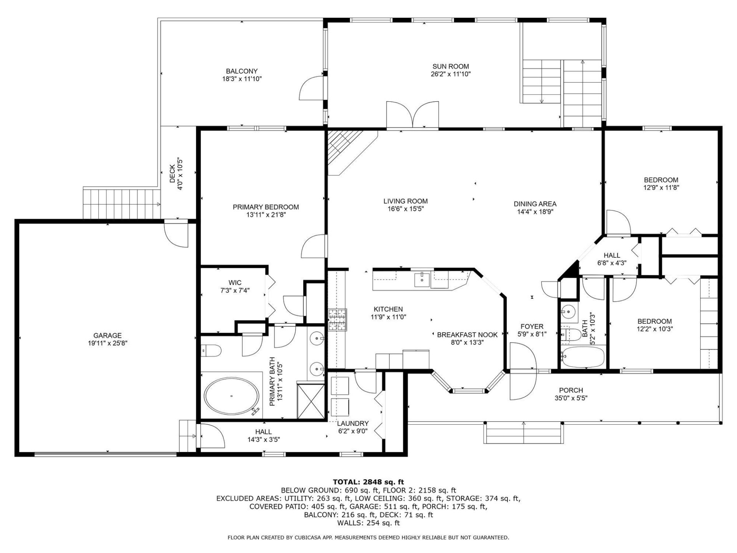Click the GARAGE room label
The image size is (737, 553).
(x=107, y=336)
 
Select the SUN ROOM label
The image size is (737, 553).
(x=451, y=66)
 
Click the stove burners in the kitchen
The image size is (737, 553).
(x=337, y=320)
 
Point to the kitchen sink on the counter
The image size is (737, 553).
(x=422, y=280)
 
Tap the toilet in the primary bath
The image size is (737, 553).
(x=212, y=350)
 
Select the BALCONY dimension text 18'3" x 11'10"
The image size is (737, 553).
(x=242, y=79)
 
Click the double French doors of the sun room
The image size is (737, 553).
(x=413, y=114)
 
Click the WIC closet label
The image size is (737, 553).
(x=235, y=283)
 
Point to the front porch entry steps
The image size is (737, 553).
(x=524, y=432)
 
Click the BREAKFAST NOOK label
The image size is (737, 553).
(x=467, y=335)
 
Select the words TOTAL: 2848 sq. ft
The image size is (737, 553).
(x=368, y=482)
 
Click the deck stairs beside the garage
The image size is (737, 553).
(x=121, y=204)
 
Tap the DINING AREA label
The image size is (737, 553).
(x=535, y=204)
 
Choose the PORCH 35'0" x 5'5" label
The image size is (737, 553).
(x=571, y=394)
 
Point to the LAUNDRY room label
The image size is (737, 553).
(x=353, y=423)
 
